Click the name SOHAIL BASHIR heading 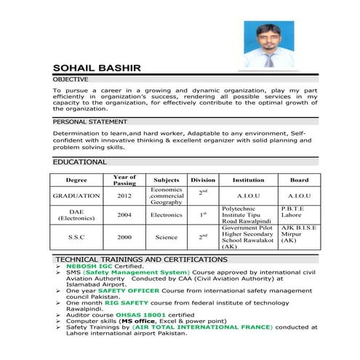[96, 68]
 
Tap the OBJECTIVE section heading [71, 79]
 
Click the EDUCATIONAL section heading [80, 161]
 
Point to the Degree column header [76, 180]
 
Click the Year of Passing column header [124, 180]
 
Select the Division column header [203, 180]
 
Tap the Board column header [299, 180]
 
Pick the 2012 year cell [124, 196]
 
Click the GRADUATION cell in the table [76, 196]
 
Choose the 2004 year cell [124, 215]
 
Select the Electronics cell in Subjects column [167, 215]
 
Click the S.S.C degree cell [76, 237]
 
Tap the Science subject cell [167, 237]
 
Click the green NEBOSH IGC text [89, 267]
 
